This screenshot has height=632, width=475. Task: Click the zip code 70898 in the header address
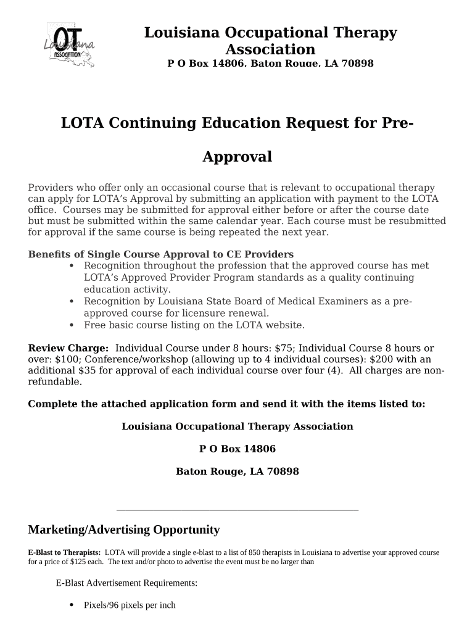(358, 64)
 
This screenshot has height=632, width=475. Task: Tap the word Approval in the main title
(237, 157)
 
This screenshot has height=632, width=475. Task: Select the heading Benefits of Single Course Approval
(160, 254)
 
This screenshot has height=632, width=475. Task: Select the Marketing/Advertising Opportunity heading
(123, 530)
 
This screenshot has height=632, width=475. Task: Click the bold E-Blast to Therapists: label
(64, 552)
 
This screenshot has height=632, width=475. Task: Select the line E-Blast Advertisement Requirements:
(126, 583)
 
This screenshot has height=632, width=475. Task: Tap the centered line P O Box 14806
(237, 449)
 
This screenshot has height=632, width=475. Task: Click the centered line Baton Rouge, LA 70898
(237, 472)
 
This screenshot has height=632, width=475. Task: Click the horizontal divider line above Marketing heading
(237, 510)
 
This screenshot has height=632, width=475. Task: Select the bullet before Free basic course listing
(72, 325)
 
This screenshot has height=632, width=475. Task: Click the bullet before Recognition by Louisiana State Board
(72, 301)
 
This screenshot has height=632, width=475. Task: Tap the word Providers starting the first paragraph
(50, 188)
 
